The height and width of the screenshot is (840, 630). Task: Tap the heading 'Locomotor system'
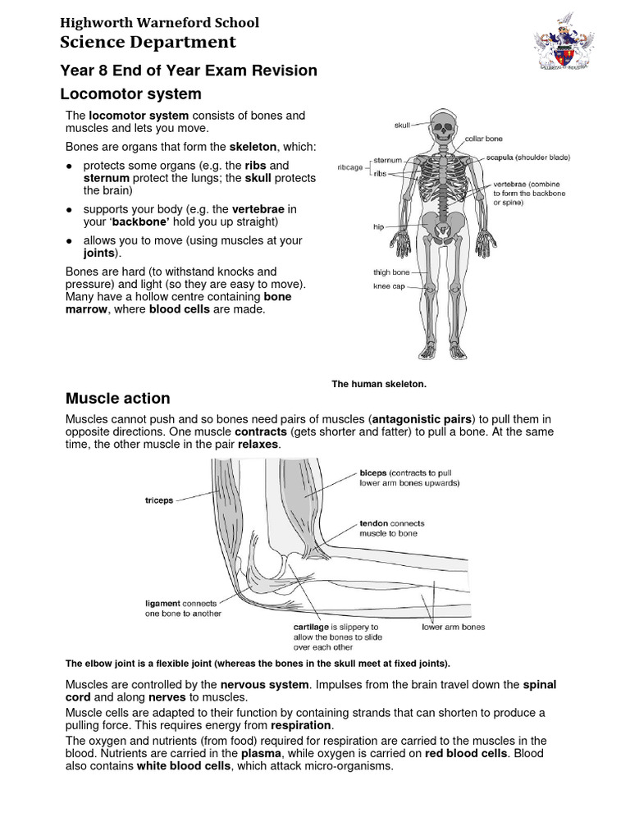pos(133,94)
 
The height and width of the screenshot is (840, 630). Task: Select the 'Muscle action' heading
pos(117,399)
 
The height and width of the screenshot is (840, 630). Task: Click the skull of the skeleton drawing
pos(443,126)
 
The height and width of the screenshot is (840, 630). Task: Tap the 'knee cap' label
pos(389,286)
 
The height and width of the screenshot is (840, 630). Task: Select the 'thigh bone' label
pos(391,272)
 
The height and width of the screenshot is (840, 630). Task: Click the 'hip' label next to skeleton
pos(379,227)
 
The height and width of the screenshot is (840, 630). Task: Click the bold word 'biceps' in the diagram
pos(373,473)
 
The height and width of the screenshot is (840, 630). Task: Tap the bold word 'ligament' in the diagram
pos(162,603)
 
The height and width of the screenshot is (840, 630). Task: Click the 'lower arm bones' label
pos(453,627)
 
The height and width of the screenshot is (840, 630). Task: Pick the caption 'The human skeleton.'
pos(379,383)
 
